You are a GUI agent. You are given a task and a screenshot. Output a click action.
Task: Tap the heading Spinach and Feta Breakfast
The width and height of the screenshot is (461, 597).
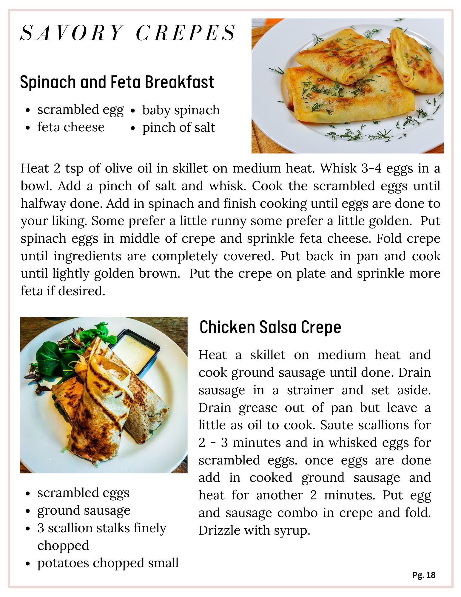coord(117,82)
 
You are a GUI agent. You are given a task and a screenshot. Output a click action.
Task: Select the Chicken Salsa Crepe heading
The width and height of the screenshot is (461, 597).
coord(270,327)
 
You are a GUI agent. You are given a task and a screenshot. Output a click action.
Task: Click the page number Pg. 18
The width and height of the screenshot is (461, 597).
coord(424,575)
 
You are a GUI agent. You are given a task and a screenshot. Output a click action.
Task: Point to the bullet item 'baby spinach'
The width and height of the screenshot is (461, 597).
coord(181,110)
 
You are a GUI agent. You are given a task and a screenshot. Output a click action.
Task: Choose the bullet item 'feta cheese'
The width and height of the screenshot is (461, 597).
coord(71,127)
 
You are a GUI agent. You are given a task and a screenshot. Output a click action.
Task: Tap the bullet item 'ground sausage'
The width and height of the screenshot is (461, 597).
coord(84,510)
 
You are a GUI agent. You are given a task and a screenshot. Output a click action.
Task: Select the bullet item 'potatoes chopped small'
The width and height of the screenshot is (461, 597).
coord(108,563)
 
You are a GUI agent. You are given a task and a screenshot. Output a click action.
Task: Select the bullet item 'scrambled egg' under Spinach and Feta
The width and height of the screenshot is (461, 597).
coord(80,110)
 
